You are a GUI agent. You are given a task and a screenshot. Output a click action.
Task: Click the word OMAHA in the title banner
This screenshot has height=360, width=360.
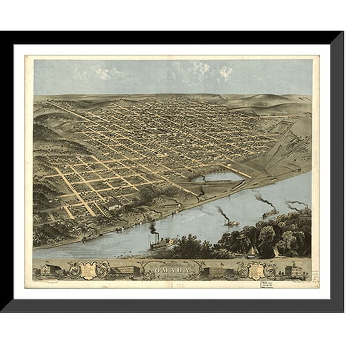pos(174,269)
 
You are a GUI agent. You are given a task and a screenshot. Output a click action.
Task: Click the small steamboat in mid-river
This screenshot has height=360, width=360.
pos(229,222)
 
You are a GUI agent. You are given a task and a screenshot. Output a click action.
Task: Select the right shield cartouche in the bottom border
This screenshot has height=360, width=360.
pos(253,269)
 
